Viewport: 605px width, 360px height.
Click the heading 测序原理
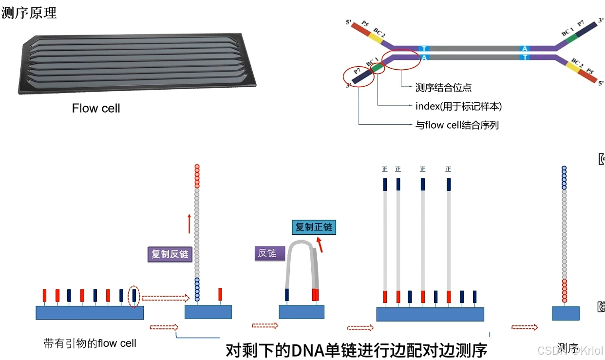(x=29, y=13)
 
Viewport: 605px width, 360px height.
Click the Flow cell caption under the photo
(x=96, y=108)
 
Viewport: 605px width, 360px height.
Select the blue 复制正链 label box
(x=314, y=227)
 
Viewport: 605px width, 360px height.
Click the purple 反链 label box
(x=267, y=253)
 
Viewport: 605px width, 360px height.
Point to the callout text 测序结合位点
(x=443, y=88)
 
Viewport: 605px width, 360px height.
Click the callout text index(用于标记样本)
(x=458, y=106)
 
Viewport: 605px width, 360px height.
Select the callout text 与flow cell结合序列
(x=457, y=125)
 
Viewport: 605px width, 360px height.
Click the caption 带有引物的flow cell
(x=90, y=343)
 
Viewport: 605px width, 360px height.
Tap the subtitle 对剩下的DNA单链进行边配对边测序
(x=356, y=350)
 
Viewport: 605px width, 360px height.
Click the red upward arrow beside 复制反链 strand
(x=189, y=224)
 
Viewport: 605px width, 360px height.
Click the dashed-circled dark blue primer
(x=134, y=295)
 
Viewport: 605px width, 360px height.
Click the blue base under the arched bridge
(x=302, y=312)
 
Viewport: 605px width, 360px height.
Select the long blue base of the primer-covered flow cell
(x=89, y=313)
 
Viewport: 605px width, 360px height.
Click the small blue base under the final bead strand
(x=566, y=313)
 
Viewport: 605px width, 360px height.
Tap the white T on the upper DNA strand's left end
(x=424, y=49)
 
